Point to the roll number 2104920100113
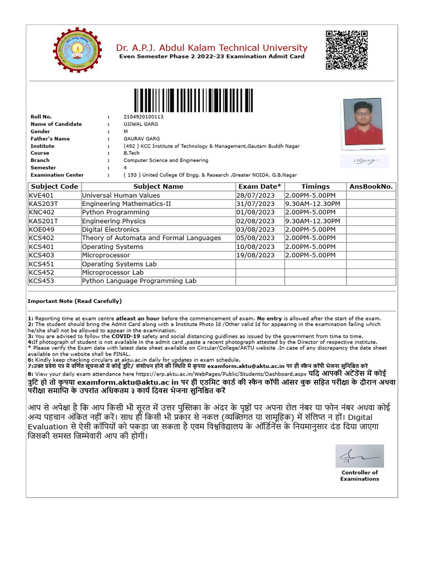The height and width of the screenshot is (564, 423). pyautogui.click(x=143, y=117)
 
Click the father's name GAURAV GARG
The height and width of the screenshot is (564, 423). pyautogui.click(x=142, y=139)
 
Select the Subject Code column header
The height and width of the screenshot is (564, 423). pyautogui.click(x=54, y=187)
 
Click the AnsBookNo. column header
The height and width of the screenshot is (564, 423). pyautogui.click(x=371, y=187)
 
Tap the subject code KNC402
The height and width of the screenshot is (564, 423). pyautogui.click(x=42, y=213)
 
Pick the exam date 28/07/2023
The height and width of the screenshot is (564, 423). pyautogui.click(x=255, y=196)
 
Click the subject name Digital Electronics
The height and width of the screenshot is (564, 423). pyautogui.click(x=111, y=230)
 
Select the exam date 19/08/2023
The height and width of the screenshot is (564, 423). pyautogui.click(x=255, y=256)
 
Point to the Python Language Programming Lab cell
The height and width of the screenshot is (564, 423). pyautogui.click(x=139, y=281)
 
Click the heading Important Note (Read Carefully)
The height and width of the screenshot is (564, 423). pyautogui.click(x=74, y=301)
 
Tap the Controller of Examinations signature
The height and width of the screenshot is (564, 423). pyautogui.click(x=359, y=456)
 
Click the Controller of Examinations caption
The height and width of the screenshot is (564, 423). pyautogui.click(x=360, y=476)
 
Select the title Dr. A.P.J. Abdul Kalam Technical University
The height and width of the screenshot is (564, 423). pyautogui.click(x=211, y=48)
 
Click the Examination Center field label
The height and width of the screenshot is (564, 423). pyautogui.click(x=57, y=175)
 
